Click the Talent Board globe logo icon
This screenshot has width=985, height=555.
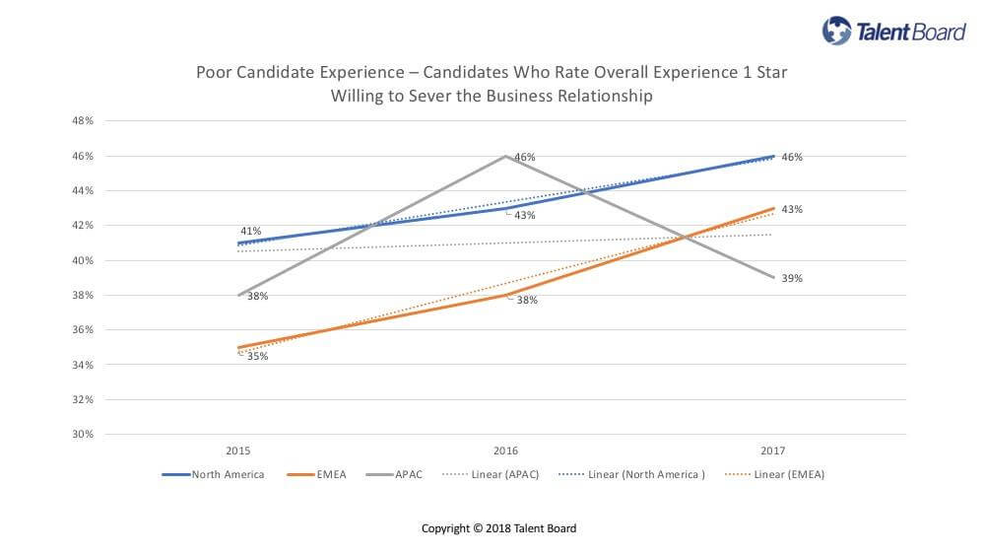[x=836, y=31]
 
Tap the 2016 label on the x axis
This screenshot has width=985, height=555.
[x=505, y=451]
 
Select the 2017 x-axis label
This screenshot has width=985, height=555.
[x=773, y=451]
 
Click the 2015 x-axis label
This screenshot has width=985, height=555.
[x=237, y=451]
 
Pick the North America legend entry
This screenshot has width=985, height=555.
[x=214, y=474]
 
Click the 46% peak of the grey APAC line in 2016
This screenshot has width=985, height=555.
[x=506, y=156]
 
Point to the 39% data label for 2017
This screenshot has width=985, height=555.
[x=792, y=278]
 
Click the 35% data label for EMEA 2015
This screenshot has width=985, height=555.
[x=257, y=356]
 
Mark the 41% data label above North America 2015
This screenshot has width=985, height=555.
[x=250, y=231]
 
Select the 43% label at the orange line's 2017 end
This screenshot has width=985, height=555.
[x=792, y=209]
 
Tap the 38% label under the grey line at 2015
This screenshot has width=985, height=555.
[x=257, y=296]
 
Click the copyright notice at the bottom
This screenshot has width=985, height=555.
[x=498, y=528]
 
